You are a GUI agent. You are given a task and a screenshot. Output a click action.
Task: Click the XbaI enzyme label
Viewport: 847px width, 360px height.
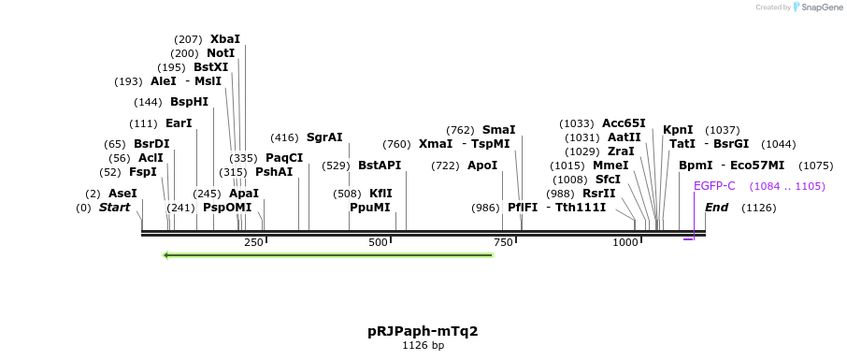(225, 39)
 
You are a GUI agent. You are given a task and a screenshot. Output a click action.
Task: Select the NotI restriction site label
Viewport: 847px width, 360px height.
(222, 53)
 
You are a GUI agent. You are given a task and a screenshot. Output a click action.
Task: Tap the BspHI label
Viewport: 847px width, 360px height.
(189, 102)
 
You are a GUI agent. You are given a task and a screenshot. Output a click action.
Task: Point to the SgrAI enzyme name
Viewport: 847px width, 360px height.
(324, 137)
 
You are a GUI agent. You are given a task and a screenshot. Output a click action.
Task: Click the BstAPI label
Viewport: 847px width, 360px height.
(380, 166)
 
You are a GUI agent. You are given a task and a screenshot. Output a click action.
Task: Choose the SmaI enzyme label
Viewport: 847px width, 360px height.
(498, 130)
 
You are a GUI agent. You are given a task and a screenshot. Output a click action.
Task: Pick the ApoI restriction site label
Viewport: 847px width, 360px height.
(482, 166)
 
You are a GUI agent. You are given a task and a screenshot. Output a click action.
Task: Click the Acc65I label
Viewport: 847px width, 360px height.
(624, 123)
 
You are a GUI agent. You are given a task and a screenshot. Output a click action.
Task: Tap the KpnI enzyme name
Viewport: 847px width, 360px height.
(678, 130)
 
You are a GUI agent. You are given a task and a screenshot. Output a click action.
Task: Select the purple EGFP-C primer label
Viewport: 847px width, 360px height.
(714, 186)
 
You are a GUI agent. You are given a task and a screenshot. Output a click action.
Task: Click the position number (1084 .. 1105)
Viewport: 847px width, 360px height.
(787, 186)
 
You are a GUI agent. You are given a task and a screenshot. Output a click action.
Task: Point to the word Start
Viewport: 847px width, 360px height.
(115, 208)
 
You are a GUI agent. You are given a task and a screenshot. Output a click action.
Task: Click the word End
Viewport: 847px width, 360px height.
(717, 208)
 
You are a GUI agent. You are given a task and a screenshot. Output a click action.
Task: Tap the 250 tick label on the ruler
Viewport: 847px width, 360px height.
(253, 243)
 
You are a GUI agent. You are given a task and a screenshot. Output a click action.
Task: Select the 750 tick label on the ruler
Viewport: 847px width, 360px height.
(504, 243)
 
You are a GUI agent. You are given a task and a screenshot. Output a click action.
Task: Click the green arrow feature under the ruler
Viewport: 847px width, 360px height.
(327, 255)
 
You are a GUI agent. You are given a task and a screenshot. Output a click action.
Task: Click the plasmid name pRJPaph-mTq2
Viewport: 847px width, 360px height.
(423, 331)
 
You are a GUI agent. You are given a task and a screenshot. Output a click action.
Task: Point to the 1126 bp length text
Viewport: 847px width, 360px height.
(423, 346)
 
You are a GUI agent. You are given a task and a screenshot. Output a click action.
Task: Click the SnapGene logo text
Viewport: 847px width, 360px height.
(820, 7)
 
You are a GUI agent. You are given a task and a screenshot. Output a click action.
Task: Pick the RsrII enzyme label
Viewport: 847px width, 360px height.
(599, 194)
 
